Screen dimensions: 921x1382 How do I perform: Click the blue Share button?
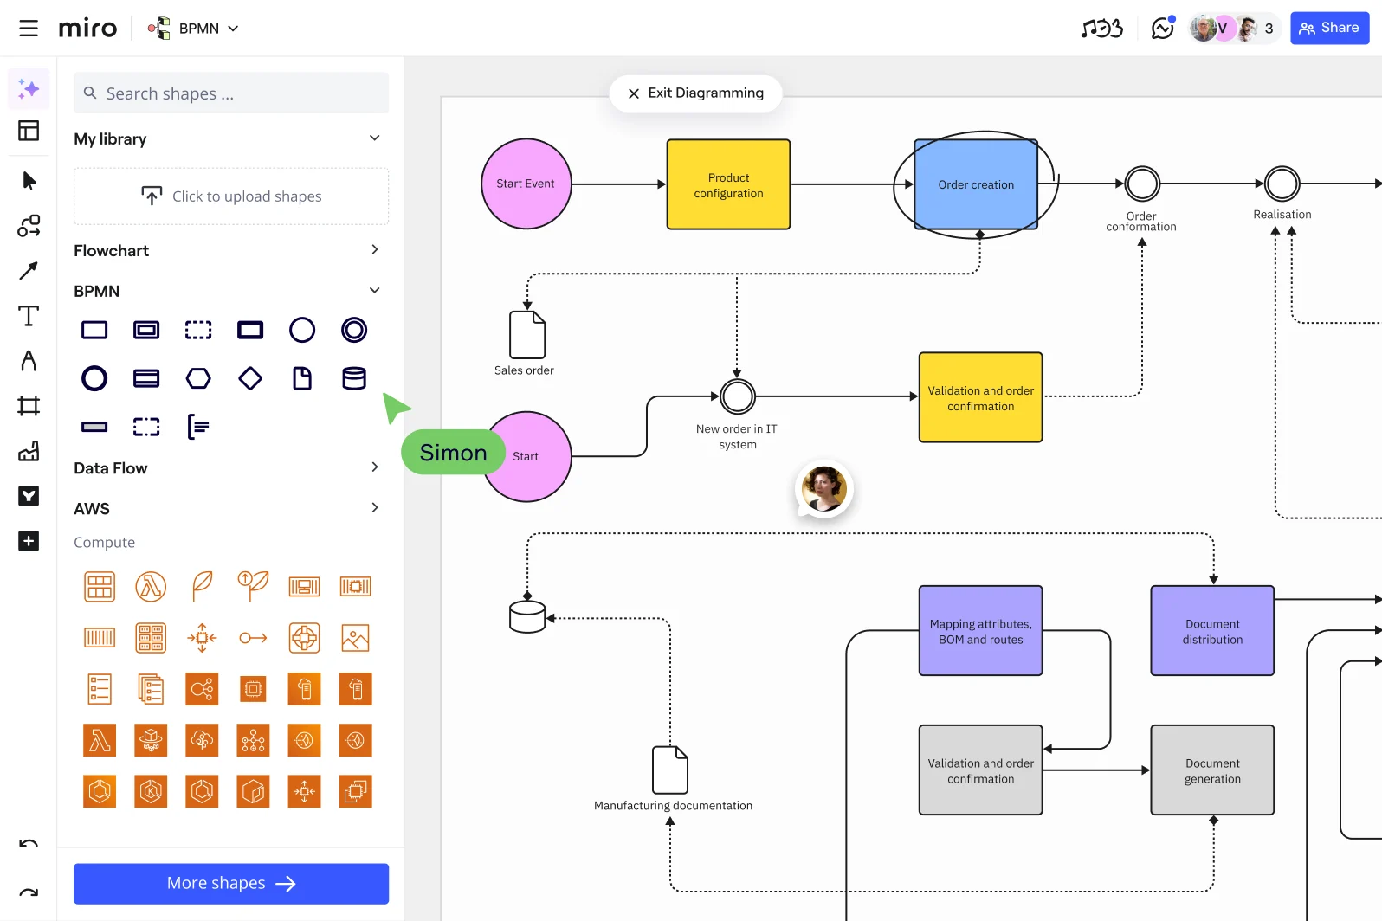(1329, 28)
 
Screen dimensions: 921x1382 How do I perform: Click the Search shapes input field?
(231, 93)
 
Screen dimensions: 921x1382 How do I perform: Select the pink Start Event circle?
(526, 184)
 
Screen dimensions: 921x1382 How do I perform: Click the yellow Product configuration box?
(728, 184)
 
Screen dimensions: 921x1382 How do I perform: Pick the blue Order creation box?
(975, 184)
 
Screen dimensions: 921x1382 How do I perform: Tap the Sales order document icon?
(526, 335)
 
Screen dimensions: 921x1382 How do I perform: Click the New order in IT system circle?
(738, 396)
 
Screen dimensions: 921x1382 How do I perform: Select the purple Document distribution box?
(1211, 631)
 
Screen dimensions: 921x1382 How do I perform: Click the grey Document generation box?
(1211, 770)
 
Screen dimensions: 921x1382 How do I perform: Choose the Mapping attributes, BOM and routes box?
(980, 631)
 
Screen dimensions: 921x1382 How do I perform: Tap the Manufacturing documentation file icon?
(669, 770)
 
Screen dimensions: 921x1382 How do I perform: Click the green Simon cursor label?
(453, 453)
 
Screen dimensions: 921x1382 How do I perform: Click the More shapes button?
(231, 883)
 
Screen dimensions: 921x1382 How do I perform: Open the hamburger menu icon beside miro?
(29, 29)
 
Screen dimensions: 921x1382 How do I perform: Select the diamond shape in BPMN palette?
(250, 378)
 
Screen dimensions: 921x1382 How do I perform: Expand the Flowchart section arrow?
(374, 250)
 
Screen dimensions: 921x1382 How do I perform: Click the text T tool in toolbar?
(29, 316)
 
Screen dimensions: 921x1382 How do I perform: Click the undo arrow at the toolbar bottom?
(29, 844)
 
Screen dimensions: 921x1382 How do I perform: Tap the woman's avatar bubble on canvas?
(823, 488)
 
